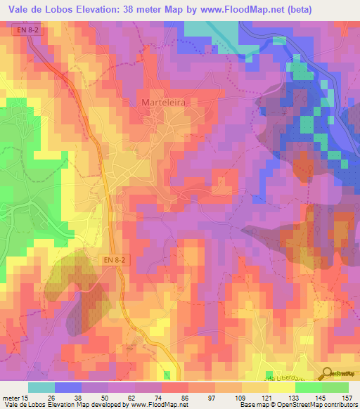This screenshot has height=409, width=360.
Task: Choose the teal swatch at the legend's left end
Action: (x=41, y=387)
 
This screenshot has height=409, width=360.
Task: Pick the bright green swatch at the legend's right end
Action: (x=335, y=387)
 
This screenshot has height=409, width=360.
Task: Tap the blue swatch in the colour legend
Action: (x=68, y=387)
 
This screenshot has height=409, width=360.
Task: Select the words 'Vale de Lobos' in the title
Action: (x=36, y=8)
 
